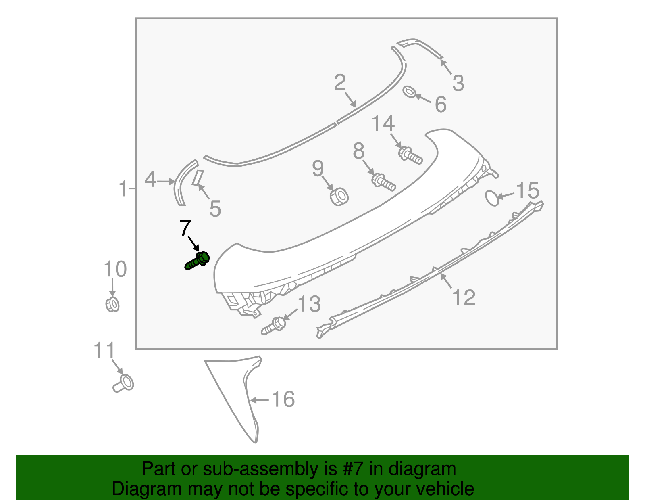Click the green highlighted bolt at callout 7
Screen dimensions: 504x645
198,261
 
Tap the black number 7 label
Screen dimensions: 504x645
185,228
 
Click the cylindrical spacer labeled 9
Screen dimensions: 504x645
339,197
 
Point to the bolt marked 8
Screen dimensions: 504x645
383,182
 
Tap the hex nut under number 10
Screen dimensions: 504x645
112,304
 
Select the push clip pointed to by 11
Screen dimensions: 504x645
123,383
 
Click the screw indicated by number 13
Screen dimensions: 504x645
274,326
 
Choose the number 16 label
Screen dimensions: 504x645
283,399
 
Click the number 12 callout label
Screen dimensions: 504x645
464,298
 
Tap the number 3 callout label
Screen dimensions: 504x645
458,83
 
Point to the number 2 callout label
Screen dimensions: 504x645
340,83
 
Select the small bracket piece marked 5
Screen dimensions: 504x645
198,177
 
